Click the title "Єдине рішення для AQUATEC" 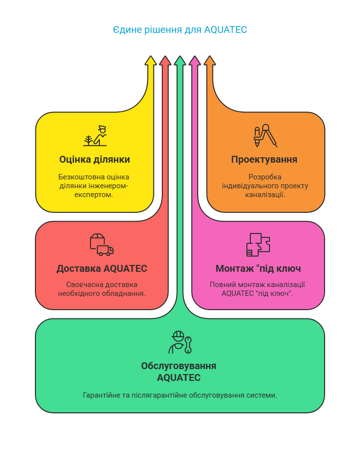pos(180,30)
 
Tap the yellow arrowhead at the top pos(150,61)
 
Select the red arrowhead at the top pos(165,61)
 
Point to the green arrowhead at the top pos(180,61)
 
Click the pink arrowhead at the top pos(195,61)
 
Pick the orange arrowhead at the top pos(210,61)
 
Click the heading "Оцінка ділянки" pos(94,160)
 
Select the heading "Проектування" pos(264,160)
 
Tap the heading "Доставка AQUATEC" pos(102,269)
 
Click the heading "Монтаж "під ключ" pos(258,269)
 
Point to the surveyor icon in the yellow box pos(95,136)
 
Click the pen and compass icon pos(265,137)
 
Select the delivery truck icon pos(102,244)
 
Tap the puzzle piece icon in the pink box pos(258,244)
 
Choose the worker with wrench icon pos(180,342)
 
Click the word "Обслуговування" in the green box pos(179,366)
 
